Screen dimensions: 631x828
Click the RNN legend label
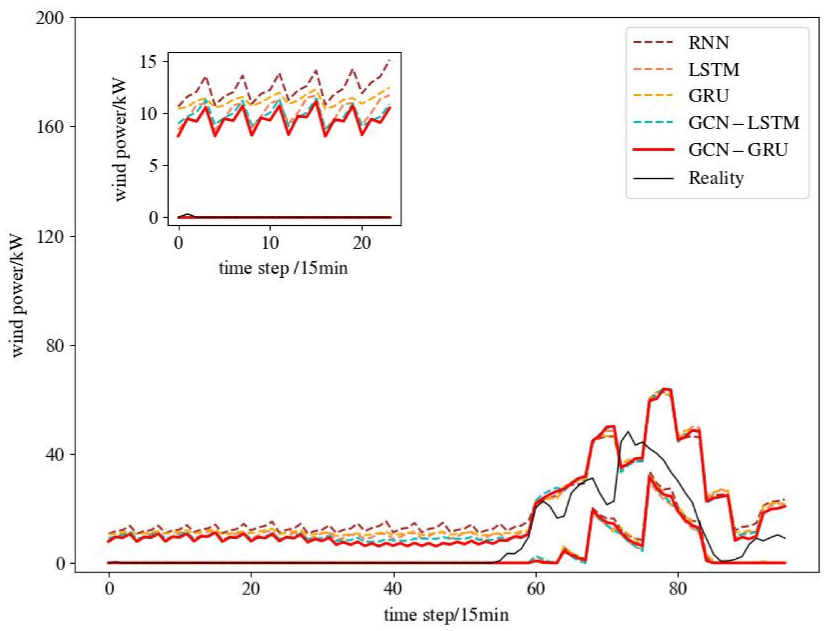tap(708, 43)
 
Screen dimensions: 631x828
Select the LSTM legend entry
tap(713, 70)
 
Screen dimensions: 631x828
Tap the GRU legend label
tap(708, 95)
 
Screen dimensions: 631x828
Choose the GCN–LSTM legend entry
tap(743, 123)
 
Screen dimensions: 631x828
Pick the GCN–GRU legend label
tap(738, 149)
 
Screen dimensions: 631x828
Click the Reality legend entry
tap(716, 178)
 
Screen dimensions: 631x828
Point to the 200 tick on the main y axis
tap(50, 18)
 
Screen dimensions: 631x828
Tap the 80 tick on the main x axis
tap(677, 589)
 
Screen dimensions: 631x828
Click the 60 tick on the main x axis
tap(535, 589)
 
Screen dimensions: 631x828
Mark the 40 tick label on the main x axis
tap(393, 589)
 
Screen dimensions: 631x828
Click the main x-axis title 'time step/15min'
tap(446, 615)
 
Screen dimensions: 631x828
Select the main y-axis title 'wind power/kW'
tap(17, 296)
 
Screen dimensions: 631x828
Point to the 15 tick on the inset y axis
tap(149, 62)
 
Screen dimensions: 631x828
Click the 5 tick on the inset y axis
tap(153, 166)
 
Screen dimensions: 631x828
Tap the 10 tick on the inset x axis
tap(270, 243)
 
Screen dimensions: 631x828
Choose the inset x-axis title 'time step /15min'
tap(283, 268)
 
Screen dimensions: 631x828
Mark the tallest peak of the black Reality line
tap(628, 431)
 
